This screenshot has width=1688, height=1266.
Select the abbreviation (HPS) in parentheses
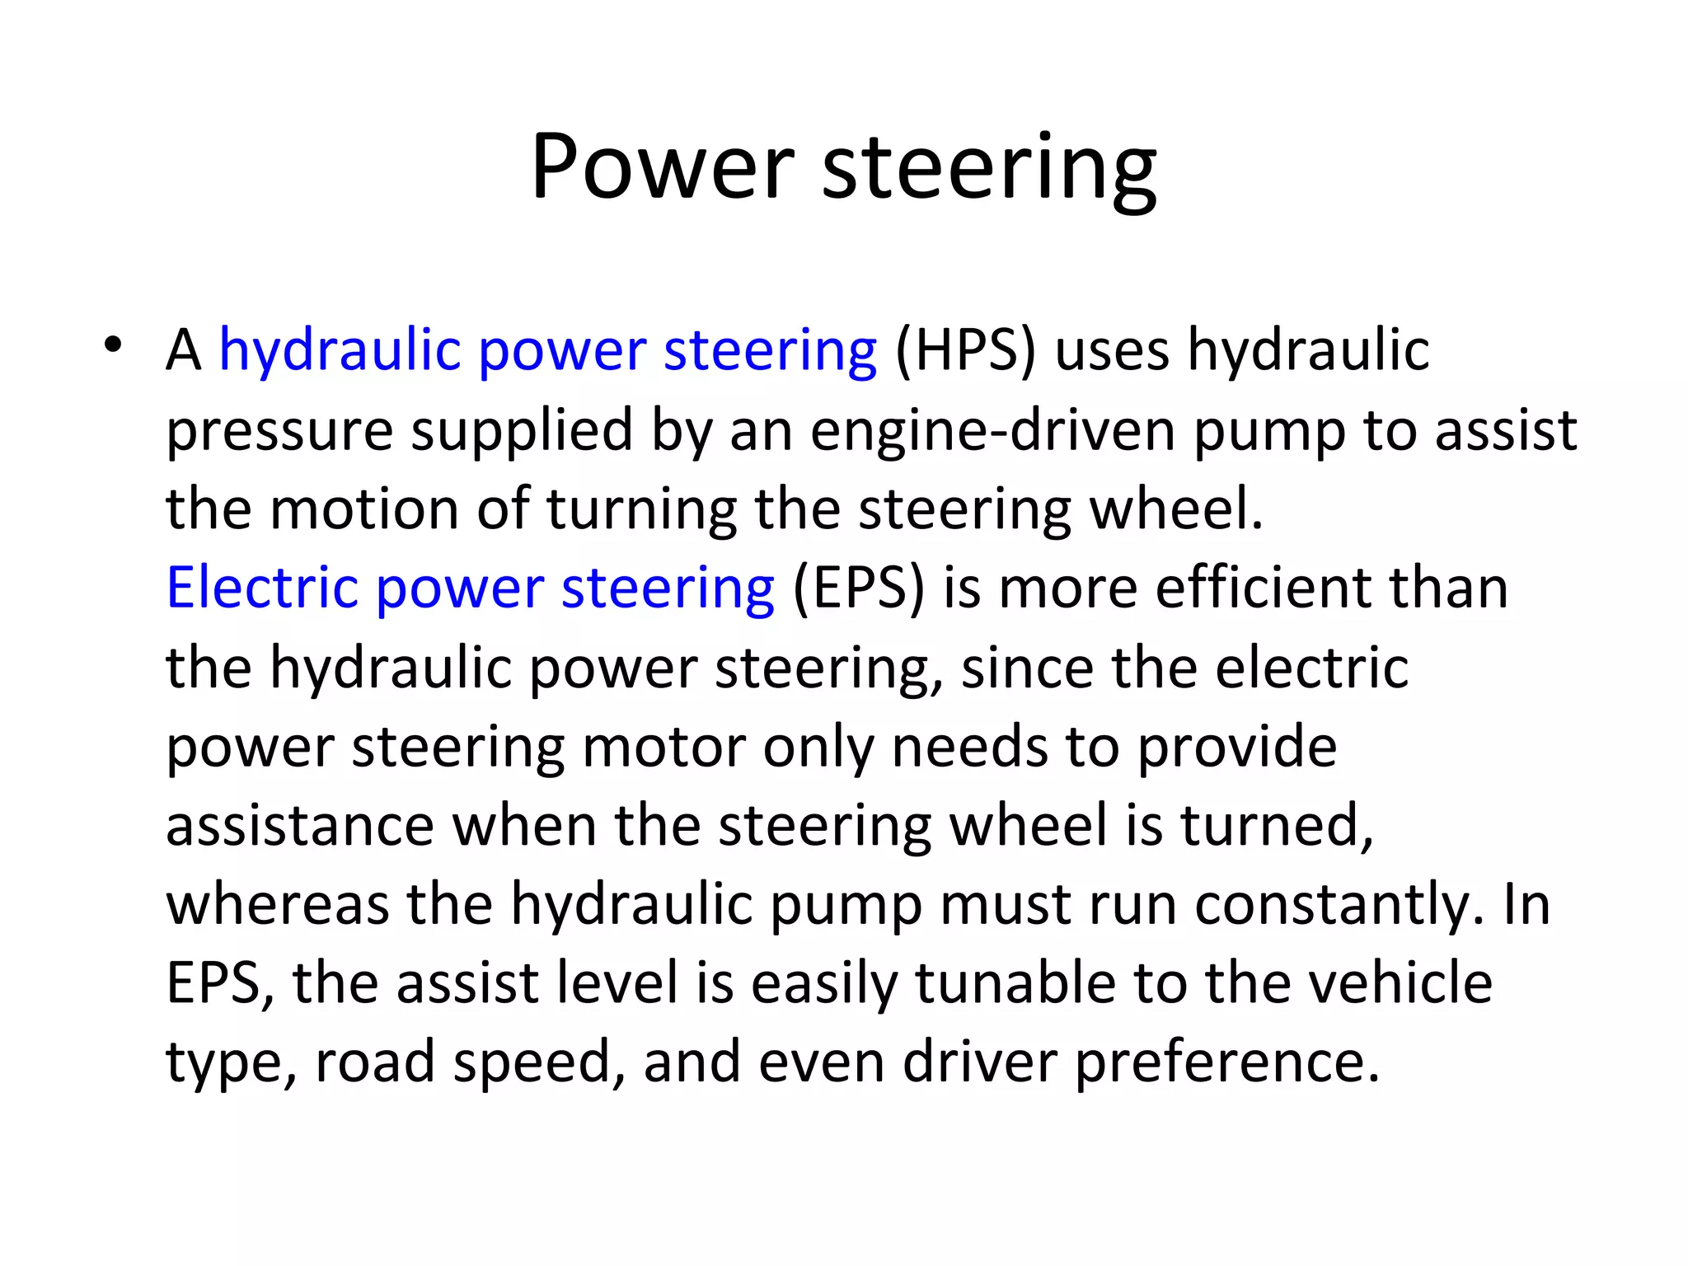(965, 351)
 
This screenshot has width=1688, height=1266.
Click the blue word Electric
(262, 588)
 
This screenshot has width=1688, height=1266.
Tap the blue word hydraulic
(339, 351)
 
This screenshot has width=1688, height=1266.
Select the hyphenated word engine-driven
(992, 431)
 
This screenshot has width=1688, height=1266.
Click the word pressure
(279, 431)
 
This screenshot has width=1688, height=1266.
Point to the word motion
(363, 509)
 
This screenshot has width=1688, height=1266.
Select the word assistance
(300, 826)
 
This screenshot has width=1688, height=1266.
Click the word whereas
(278, 905)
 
